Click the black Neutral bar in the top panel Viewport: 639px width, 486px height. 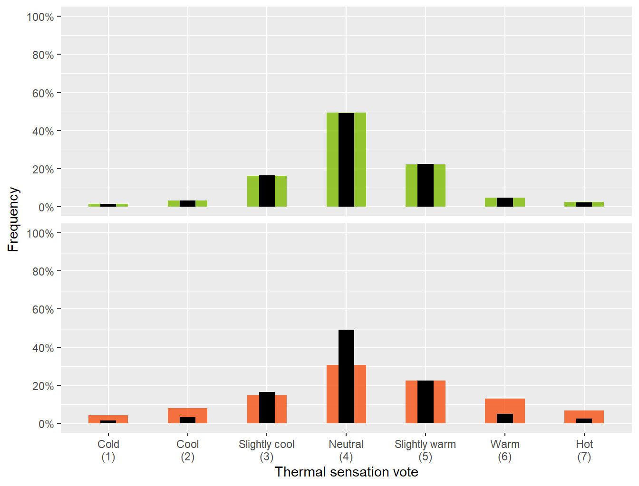point(346,160)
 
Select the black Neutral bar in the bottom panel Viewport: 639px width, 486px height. point(346,376)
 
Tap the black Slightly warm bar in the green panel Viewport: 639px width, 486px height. point(426,185)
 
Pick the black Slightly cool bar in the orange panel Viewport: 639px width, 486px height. point(267,408)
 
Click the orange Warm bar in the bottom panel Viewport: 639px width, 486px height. point(505,406)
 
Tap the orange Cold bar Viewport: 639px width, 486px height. point(108,418)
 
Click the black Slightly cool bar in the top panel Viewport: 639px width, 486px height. point(267,191)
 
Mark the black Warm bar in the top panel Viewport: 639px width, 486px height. point(505,202)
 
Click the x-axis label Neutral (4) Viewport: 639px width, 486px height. point(346,450)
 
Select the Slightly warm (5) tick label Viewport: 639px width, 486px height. point(425,450)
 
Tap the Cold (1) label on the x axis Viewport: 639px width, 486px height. point(108,450)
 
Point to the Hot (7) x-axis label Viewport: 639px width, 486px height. point(584,450)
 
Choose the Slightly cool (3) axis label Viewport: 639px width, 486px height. point(266,450)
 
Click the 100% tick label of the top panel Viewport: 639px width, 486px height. point(40,17)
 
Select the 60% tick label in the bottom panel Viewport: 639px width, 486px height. point(43,310)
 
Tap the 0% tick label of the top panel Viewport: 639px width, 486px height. point(46,208)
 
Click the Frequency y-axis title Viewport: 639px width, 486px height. point(13,219)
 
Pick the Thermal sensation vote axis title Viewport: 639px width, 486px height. point(346,472)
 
